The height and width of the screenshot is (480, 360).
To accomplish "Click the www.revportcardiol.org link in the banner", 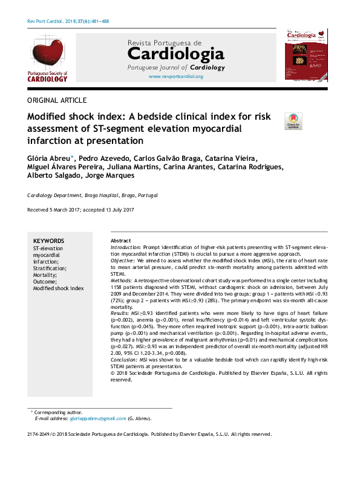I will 175,77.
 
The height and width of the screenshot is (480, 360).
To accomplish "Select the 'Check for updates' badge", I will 293,121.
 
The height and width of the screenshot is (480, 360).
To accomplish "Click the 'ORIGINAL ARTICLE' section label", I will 57,100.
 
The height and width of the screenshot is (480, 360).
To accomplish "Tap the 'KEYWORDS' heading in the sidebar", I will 48,241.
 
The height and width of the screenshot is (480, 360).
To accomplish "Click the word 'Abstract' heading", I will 120,241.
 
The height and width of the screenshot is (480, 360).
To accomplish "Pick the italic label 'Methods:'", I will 122,281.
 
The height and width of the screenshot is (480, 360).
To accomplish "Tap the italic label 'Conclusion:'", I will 125,360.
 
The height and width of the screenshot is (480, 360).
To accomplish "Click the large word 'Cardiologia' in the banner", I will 175,54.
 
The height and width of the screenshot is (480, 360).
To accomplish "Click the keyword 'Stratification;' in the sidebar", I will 50,268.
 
